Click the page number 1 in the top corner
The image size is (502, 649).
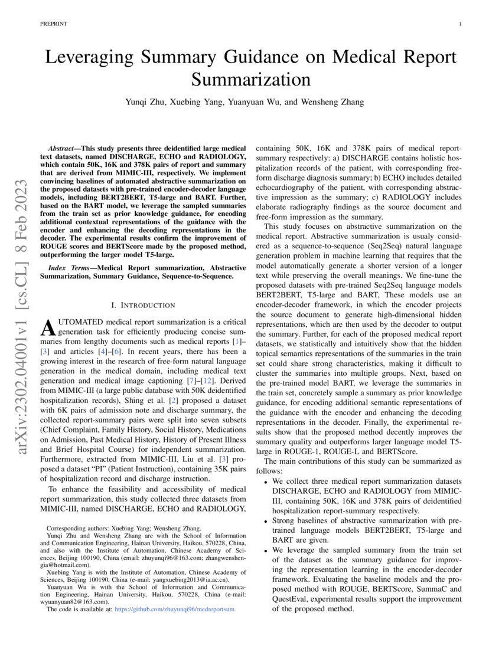459,24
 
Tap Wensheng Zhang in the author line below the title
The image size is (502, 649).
331,101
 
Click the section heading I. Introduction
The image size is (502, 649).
144,305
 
